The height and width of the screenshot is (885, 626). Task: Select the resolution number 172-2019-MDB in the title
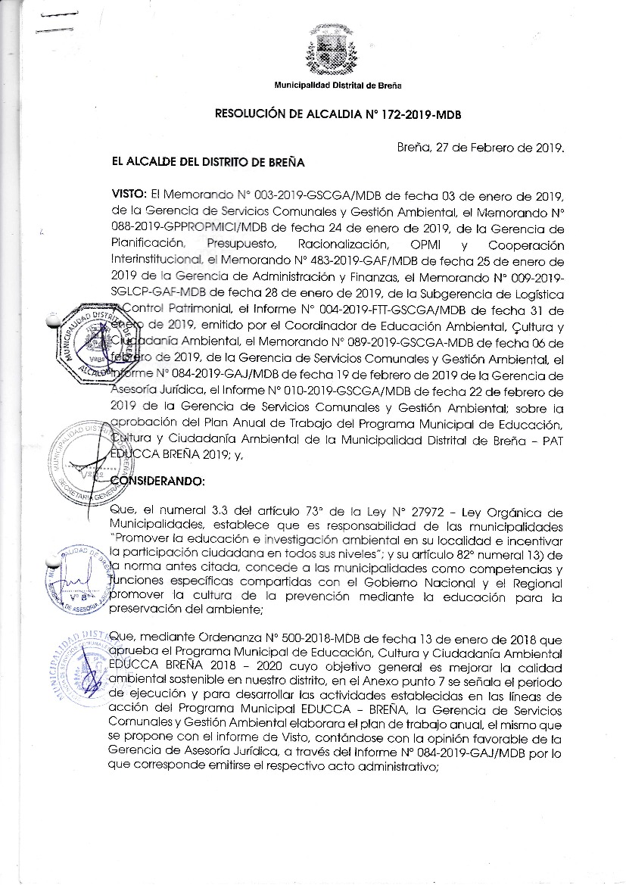click(x=418, y=115)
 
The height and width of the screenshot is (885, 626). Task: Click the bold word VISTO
click(x=129, y=195)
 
